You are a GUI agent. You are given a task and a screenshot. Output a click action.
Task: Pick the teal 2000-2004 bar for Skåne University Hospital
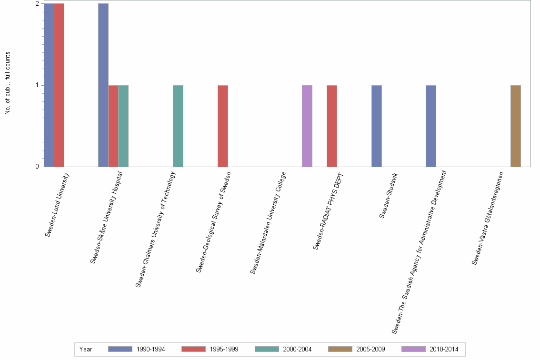pos(123,126)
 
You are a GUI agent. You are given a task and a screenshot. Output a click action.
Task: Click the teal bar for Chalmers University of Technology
pos(178,126)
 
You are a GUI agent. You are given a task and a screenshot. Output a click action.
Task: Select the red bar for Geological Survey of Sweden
pos(223,126)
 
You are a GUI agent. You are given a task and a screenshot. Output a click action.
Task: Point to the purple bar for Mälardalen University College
pos(307,126)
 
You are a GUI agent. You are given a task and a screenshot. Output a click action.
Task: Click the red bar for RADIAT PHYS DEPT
pos(332,126)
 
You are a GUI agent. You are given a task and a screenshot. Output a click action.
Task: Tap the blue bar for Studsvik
pos(377,126)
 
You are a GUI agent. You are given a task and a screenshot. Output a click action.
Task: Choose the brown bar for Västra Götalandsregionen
pos(516,126)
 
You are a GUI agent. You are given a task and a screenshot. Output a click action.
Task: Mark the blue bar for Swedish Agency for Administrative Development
pos(431,126)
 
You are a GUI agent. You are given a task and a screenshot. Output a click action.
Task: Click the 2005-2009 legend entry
pos(370,350)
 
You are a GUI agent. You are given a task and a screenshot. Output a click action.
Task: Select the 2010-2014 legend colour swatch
pos(413,349)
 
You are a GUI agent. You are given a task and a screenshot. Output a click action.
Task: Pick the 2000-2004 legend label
pos(297,350)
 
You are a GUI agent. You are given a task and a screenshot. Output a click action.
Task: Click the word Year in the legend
pos(86,350)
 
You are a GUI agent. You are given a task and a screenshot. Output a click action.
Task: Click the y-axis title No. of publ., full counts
pos(8,83)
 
